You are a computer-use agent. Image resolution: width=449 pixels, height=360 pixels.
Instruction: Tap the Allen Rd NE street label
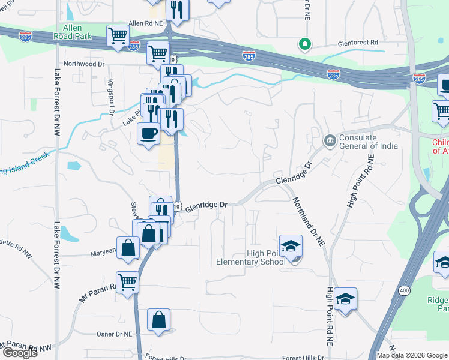pos(145,23)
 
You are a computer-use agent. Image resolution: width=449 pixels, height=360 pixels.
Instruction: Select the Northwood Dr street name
pos(84,64)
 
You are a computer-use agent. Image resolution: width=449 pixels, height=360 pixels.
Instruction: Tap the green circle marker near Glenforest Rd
pos(305,44)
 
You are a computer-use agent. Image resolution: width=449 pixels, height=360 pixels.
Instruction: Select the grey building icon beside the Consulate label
pos(330,141)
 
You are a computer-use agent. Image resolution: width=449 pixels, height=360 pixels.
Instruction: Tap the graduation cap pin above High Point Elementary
pos(291,246)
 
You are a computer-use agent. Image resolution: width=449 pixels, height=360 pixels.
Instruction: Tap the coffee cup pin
pos(148,133)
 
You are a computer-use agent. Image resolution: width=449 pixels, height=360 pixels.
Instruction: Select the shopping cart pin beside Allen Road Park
pos(118,35)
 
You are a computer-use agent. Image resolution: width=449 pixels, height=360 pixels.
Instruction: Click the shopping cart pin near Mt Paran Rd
pos(127,280)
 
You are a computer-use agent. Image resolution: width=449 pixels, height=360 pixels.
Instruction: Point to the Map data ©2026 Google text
pos(411,355)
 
